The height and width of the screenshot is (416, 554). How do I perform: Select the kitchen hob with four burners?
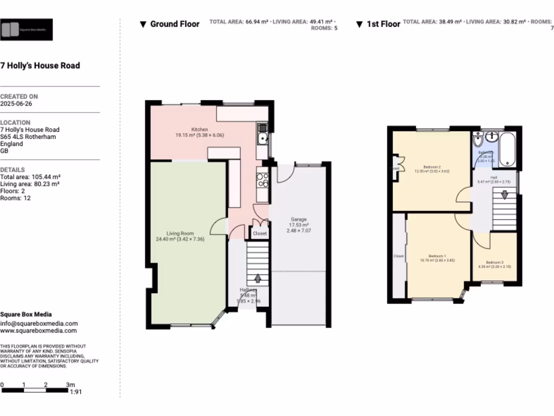coord(262,179)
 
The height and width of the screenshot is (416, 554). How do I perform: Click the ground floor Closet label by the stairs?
coord(260,233)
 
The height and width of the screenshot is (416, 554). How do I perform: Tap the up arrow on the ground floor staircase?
coord(258,278)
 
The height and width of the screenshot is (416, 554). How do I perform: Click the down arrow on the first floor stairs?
coord(504,194)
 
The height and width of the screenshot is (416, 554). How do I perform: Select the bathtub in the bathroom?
coord(509,149)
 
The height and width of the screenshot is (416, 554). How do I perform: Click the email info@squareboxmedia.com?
coord(38,323)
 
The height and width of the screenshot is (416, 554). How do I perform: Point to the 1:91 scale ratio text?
coord(76,392)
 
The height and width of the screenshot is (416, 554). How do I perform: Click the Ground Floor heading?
coord(174,24)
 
